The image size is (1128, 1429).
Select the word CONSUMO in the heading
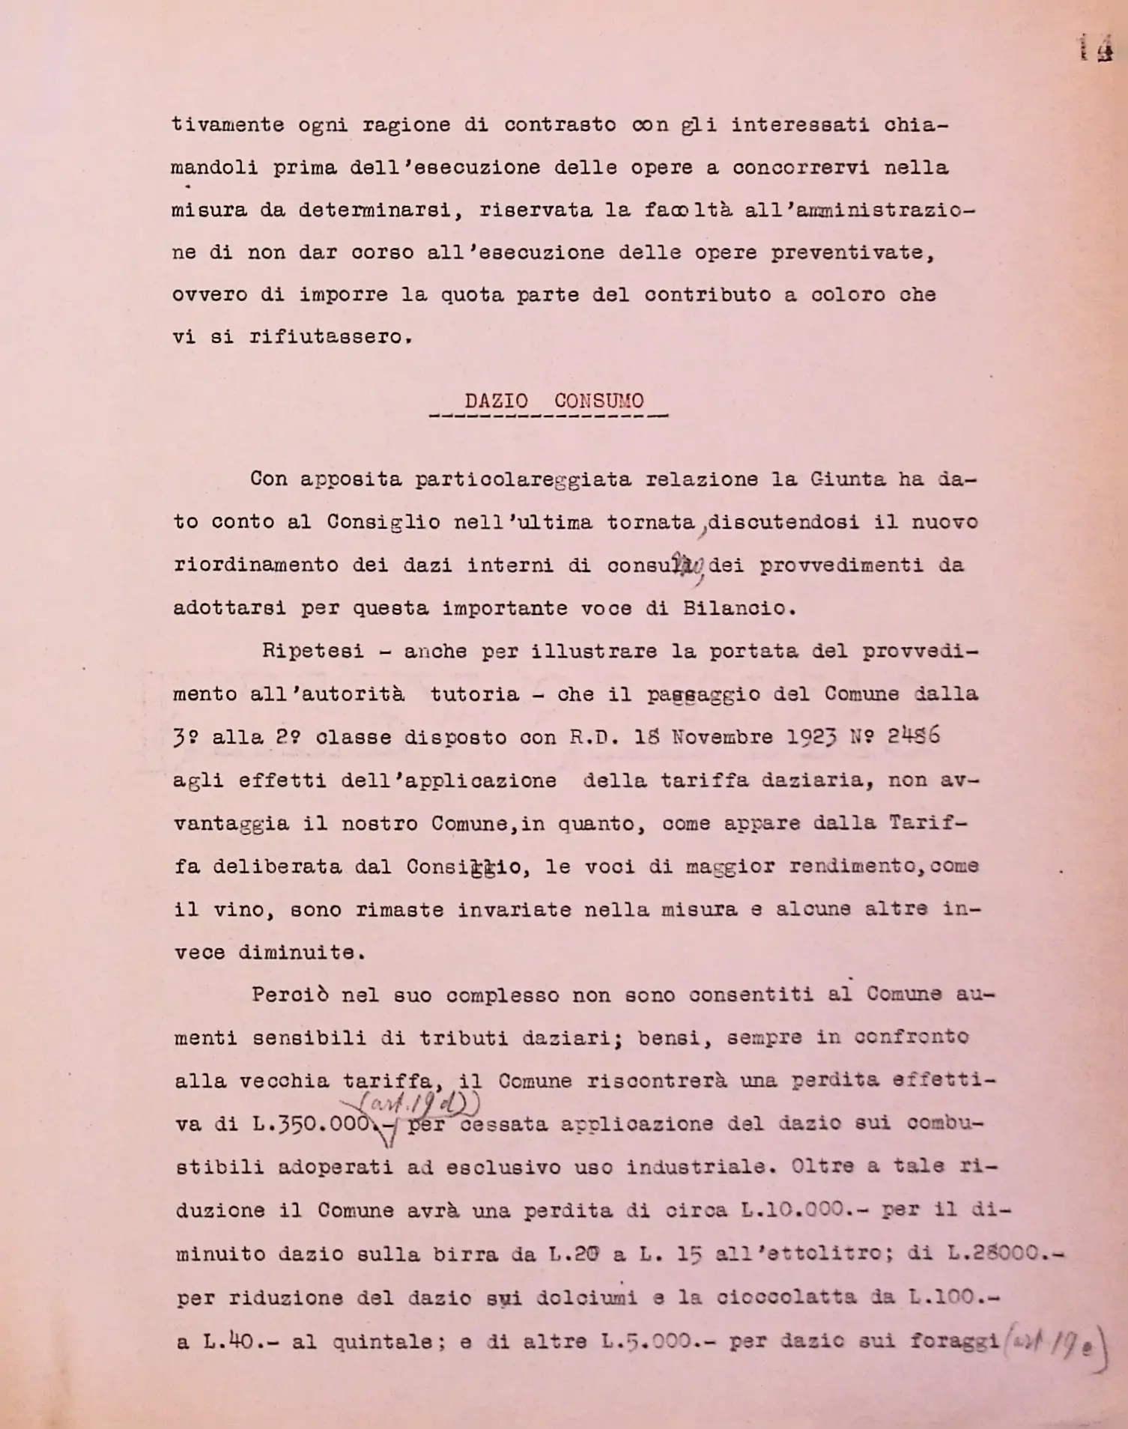click(598, 401)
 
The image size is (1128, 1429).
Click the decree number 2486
click(914, 736)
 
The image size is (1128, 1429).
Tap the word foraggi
click(955, 1340)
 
